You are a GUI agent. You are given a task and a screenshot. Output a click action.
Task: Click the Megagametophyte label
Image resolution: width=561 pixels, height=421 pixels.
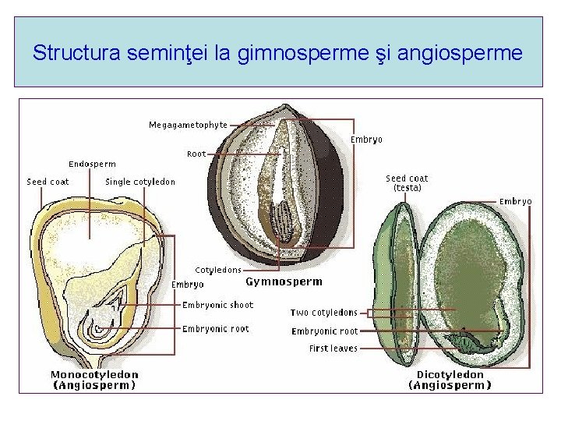(x=189, y=125)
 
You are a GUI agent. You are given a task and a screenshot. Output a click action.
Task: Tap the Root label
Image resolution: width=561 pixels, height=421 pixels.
(x=196, y=154)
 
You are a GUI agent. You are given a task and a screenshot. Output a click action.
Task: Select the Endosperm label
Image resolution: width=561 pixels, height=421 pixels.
(x=92, y=164)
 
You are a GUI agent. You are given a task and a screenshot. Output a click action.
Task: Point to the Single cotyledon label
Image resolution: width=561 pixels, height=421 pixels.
(x=140, y=182)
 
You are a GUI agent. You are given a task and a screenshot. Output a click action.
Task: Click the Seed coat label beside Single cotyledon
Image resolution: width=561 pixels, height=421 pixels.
(x=48, y=182)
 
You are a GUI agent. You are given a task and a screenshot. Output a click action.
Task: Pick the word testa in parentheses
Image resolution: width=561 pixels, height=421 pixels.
(x=407, y=188)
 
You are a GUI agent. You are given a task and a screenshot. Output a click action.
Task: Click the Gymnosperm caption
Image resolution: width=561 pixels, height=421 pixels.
(x=284, y=281)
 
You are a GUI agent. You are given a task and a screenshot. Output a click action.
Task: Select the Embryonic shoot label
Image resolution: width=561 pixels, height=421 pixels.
(x=217, y=305)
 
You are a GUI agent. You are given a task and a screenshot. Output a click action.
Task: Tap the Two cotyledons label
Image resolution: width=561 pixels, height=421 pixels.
(x=323, y=313)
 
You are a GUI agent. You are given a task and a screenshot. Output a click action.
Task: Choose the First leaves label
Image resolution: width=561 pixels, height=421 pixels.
(x=333, y=348)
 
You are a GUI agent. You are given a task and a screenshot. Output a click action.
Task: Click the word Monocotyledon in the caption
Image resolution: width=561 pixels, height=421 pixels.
(x=94, y=374)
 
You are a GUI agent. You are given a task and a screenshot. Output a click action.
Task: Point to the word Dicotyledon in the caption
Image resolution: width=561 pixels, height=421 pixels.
(x=450, y=374)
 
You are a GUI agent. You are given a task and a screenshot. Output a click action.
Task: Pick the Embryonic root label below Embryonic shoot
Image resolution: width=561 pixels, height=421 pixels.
(x=215, y=329)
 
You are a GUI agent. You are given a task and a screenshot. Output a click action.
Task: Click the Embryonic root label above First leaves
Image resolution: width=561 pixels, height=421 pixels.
(x=324, y=331)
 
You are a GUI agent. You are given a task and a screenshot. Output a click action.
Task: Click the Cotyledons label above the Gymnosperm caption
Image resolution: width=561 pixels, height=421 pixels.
(x=217, y=270)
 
